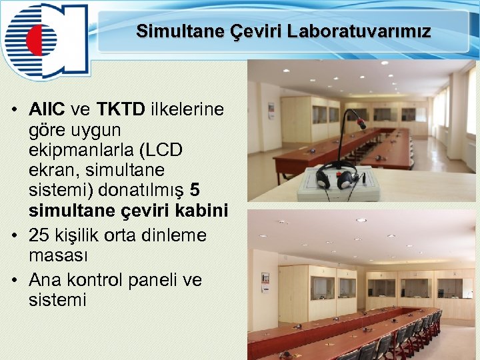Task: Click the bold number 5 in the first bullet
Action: pos(194,190)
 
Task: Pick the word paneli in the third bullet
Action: pos(141,280)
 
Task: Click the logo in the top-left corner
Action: pos(45,38)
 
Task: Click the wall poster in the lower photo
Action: pos(265,278)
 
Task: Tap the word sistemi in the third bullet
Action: pos(57,300)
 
